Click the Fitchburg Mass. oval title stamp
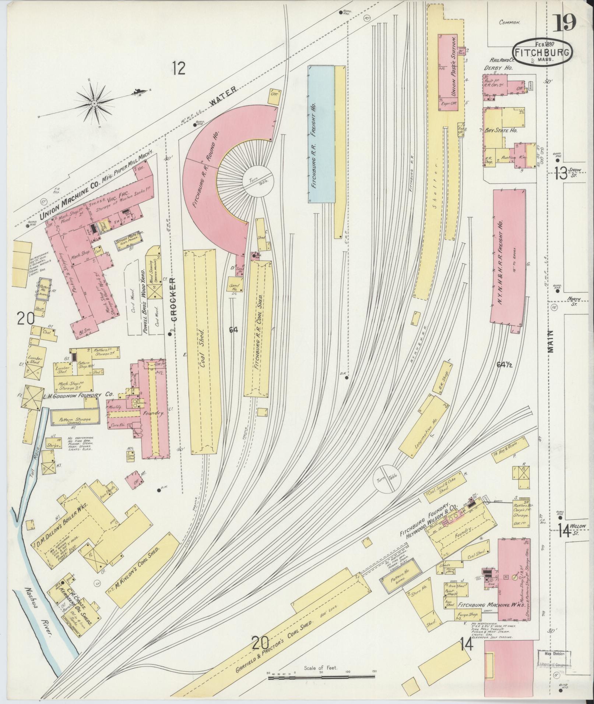point(542,52)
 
